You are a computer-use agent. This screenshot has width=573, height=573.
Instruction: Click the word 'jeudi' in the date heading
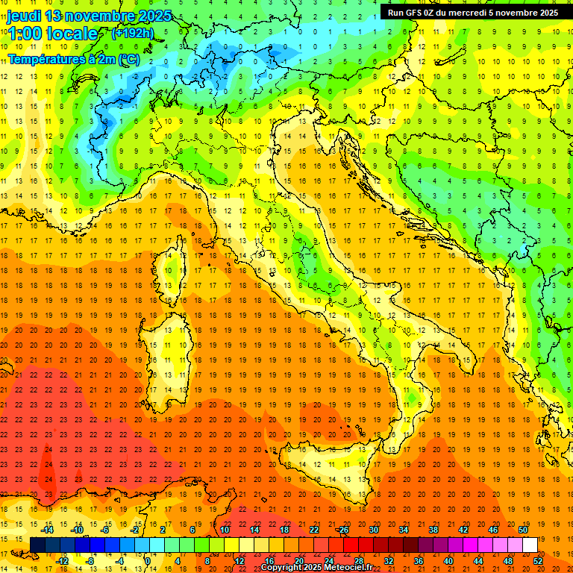pyautogui.click(x=23, y=15)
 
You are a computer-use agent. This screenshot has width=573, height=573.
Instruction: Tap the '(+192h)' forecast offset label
pyautogui.click(x=132, y=33)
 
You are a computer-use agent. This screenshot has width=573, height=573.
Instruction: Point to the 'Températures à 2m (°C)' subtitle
pyautogui.click(x=73, y=58)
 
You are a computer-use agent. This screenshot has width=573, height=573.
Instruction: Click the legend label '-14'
pyautogui.click(x=48, y=529)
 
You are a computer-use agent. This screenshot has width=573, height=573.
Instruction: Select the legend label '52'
pyautogui.click(x=538, y=561)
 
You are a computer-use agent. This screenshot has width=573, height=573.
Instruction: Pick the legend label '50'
pyautogui.click(x=522, y=529)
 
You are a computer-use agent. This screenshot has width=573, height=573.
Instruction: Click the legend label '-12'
pyautogui.click(x=63, y=561)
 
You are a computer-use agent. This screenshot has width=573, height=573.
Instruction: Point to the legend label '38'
pyautogui.click(x=433, y=529)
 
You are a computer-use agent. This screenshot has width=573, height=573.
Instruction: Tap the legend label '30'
pyautogui.click(x=373, y=529)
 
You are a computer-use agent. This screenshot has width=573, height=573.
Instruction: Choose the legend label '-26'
pyautogui.click(x=342, y=529)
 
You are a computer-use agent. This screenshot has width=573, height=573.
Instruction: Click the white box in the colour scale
pyautogui.click(x=530, y=545)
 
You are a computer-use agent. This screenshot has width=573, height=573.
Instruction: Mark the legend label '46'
pyautogui.click(x=492, y=529)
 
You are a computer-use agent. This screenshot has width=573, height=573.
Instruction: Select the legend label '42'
pyautogui.click(x=463, y=529)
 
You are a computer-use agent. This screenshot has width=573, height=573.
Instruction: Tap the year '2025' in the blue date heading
pyautogui.click(x=154, y=15)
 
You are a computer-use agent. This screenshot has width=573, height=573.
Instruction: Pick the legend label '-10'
pyautogui.click(x=78, y=529)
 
